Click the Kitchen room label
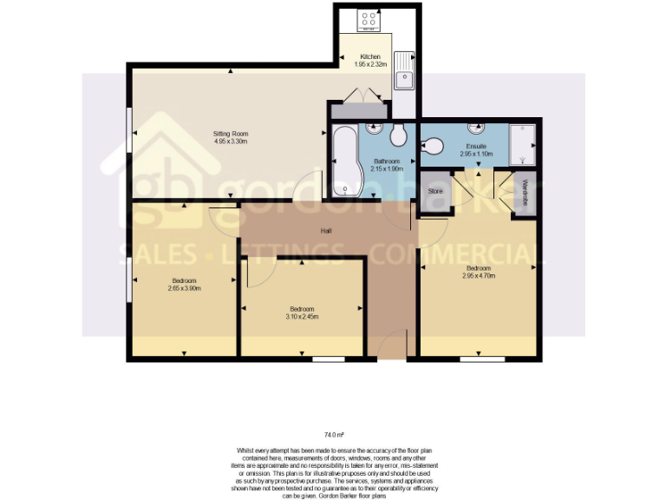370,56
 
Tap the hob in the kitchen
367,19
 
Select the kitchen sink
404,79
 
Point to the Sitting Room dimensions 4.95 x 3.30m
232,141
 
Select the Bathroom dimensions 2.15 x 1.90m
387,169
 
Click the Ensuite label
476,146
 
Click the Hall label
327,231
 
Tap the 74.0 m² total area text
334,433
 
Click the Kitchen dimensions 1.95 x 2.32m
370,64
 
